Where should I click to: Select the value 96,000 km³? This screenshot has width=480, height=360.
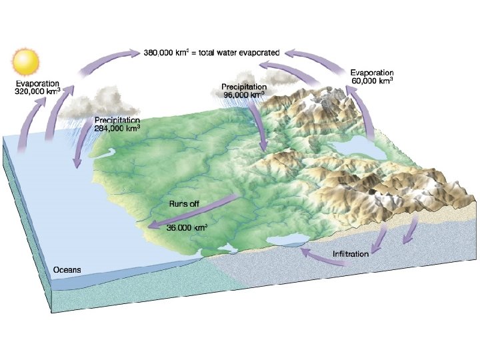point(243,95)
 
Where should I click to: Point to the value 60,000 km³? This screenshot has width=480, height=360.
point(372,81)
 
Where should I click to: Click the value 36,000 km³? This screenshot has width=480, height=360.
point(187,227)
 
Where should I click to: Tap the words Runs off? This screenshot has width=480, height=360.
point(184,204)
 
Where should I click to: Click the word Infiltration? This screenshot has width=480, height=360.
point(351,254)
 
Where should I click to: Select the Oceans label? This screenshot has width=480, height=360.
point(67,270)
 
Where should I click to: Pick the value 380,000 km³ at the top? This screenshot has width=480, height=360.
point(168,51)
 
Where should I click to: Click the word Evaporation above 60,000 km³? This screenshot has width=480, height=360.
point(372,73)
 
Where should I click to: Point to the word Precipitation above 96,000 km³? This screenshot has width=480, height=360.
point(245,87)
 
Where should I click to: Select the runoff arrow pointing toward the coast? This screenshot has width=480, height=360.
point(193,213)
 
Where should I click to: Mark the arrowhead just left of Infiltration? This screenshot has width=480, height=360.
point(304,252)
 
